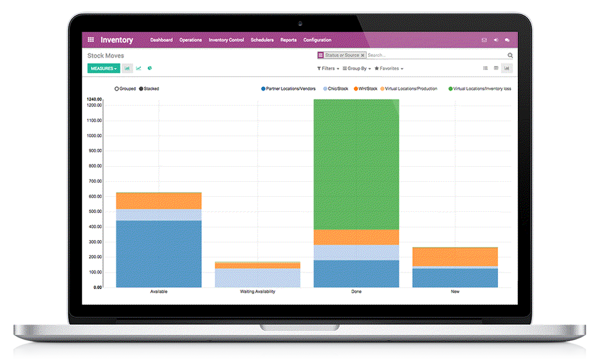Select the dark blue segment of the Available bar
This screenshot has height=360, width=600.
point(158,253)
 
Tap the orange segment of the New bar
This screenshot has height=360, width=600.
point(455,257)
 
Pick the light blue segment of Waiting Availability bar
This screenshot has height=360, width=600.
point(257,277)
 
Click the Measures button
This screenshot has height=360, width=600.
point(103,68)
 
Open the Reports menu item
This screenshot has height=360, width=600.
point(289,40)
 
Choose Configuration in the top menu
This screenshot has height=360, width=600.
point(317,40)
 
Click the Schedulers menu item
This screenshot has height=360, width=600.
point(262,40)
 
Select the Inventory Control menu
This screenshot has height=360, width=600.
point(226,40)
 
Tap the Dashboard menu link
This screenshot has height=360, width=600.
point(161,40)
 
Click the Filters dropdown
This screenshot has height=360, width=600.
point(327,68)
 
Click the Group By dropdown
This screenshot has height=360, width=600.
point(356,68)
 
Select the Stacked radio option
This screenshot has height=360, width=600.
point(142,89)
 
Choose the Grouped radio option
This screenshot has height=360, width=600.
point(117,89)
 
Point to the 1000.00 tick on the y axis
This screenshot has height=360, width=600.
point(94,136)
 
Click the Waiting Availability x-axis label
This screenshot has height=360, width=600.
point(257,292)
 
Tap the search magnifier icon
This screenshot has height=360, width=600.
point(510,55)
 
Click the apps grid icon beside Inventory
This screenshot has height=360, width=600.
point(91,40)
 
